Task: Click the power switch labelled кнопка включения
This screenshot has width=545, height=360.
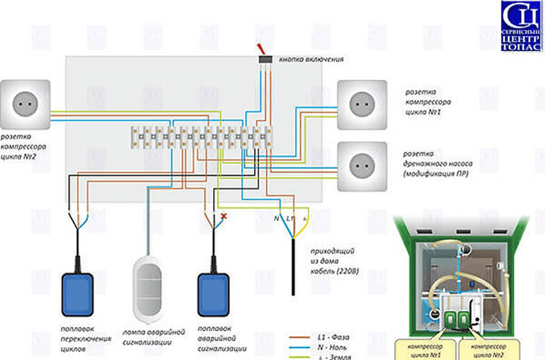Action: pos(265,57)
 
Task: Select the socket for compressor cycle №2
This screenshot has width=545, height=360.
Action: pos(28,104)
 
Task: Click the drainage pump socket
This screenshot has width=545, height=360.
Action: pos(362,165)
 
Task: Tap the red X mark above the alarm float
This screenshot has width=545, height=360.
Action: pos(225,216)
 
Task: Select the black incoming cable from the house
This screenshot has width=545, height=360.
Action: pos(293,269)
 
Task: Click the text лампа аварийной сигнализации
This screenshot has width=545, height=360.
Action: pos(152,337)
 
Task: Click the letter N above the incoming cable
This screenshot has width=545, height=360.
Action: pos(277,218)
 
